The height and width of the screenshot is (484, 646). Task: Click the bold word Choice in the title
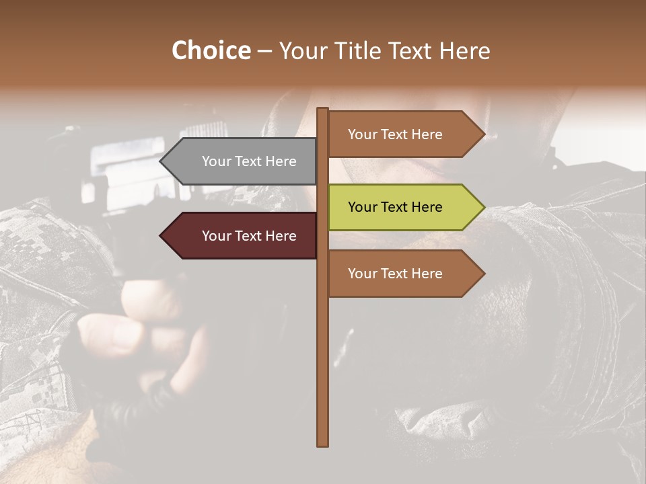(211, 50)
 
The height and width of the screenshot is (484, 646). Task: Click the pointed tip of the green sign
(483, 207)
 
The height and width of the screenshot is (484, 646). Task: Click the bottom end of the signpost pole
(323, 444)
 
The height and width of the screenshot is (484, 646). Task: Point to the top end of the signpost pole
(323, 110)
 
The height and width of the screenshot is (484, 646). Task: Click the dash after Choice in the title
(264, 51)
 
